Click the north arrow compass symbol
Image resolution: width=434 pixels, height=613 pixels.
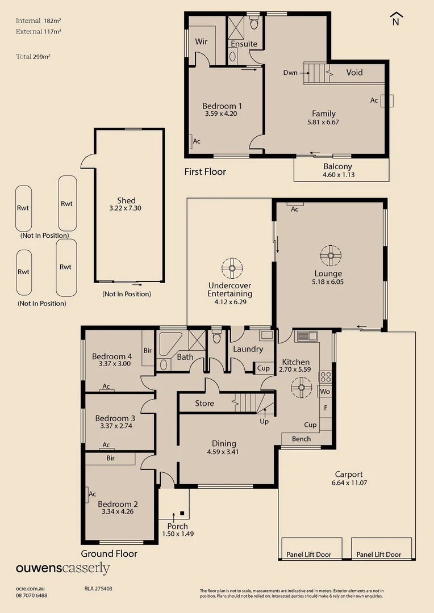396,19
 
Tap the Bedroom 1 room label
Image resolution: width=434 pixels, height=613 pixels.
222,106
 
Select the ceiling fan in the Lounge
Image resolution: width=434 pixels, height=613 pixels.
331,255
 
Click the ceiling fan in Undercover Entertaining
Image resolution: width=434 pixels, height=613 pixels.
232,268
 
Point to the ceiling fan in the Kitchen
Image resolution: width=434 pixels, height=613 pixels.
301,388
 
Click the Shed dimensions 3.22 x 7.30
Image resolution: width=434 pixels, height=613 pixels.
125,208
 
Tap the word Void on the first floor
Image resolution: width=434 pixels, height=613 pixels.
354,72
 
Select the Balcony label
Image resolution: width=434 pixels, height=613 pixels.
338,166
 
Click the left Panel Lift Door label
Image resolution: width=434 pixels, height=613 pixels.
309,555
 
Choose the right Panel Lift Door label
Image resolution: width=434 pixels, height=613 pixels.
379,555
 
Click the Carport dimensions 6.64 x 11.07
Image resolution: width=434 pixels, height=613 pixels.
349,483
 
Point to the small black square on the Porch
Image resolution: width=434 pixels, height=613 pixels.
182,513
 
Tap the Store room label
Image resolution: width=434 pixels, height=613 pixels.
205,404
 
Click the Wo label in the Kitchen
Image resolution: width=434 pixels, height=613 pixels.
325,391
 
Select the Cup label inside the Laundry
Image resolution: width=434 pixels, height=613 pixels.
264,368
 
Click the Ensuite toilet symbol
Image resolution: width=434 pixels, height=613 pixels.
254,22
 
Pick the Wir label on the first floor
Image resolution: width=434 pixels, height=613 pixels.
201,41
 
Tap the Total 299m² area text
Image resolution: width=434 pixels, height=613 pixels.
34,57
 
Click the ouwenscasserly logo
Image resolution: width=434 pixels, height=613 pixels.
62,568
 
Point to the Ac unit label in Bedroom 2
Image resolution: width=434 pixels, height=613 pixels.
93,494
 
